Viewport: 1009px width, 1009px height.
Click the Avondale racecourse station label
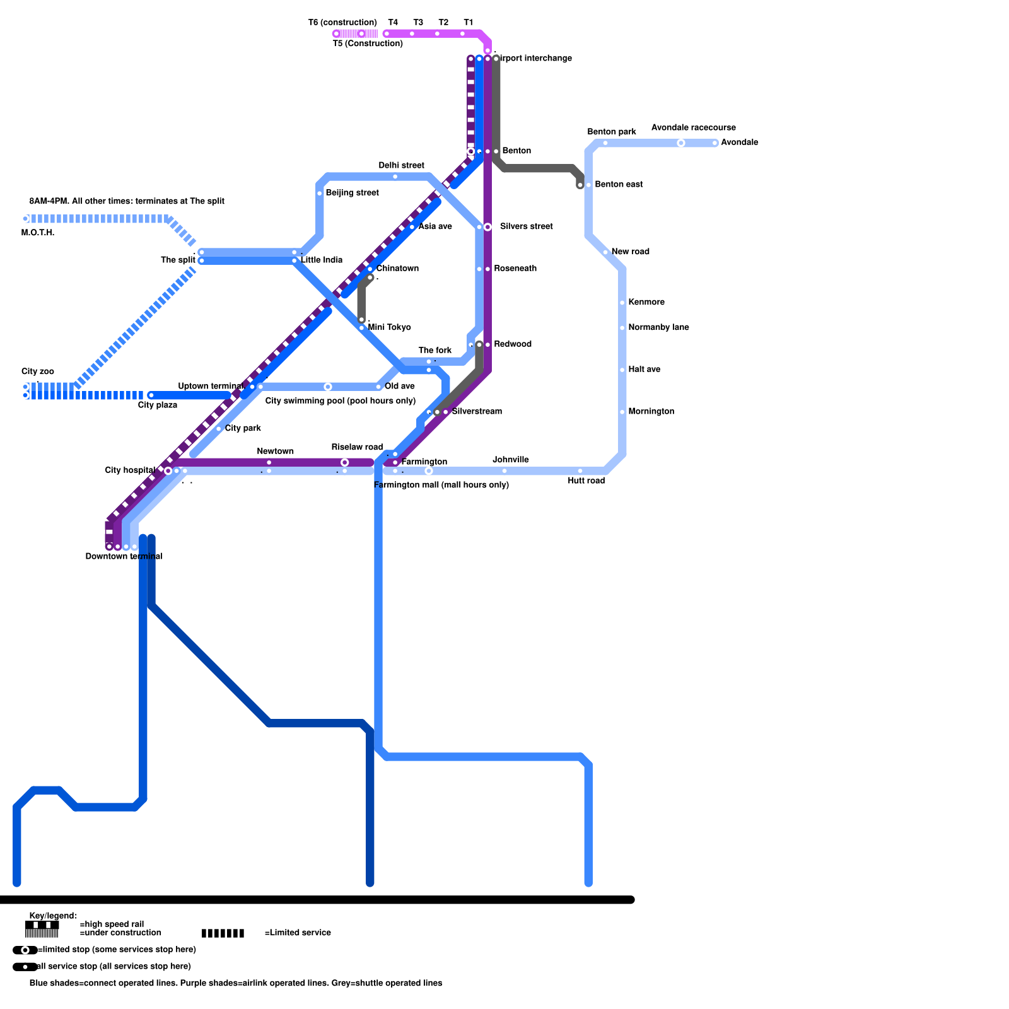[x=693, y=127]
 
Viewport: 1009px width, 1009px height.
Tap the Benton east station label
[x=619, y=184]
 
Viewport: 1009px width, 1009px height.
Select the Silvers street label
[x=526, y=226]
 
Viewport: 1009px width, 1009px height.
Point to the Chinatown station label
[x=397, y=268]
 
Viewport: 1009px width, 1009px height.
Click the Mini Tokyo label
[x=389, y=327]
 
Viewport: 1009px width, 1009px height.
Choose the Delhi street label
[x=401, y=165]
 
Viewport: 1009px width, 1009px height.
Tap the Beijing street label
[x=352, y=192]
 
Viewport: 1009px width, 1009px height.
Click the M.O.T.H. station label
[x=38, y=233]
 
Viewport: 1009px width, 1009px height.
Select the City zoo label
[x=38, y=371]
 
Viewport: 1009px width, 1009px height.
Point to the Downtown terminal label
[x=124, y=556]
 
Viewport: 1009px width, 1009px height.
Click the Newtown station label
[x=275, y=451]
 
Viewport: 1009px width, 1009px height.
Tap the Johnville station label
[x=510, y=460]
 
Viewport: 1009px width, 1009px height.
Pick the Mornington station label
[x=651, y=411]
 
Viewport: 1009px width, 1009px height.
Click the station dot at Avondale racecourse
[x=680, y=143]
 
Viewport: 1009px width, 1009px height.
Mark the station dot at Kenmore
[x=622, y=303]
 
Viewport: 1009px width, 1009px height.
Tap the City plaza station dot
[x=151, y=395]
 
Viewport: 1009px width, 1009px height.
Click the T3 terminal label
[x=418, y=23]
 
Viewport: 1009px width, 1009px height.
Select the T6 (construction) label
[x=342, y=23]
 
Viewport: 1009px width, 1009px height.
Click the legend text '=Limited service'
[x=298, y=933]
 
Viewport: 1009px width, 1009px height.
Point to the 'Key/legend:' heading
[x=53, y=916]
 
